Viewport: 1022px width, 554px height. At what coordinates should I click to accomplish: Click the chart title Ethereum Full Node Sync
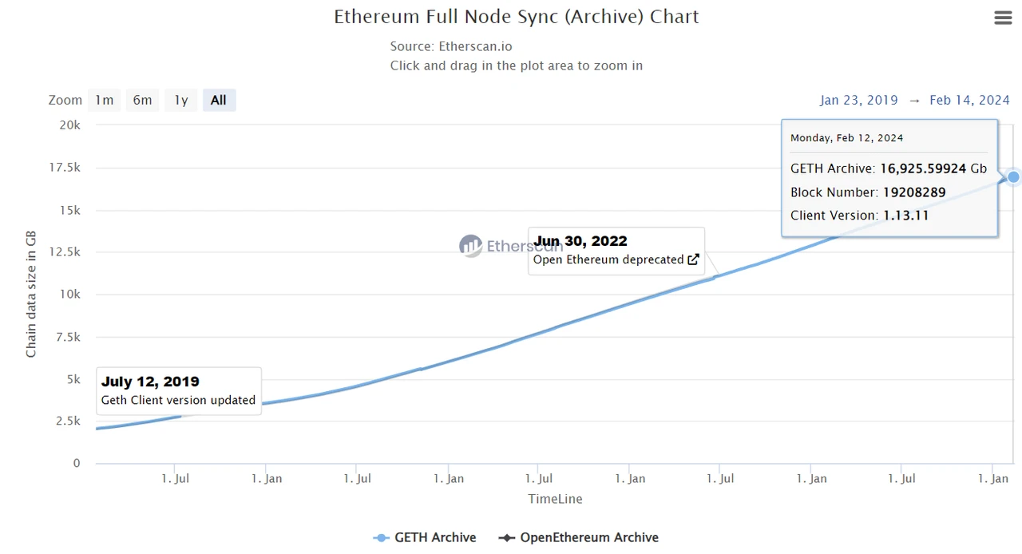516,17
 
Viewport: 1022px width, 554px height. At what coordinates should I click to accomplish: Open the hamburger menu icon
1003,18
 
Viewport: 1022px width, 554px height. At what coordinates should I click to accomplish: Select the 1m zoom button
104,100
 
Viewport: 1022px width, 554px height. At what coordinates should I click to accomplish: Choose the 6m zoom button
142,100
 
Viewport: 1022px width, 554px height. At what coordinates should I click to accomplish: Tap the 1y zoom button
181,100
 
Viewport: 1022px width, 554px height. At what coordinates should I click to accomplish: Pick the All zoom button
219,100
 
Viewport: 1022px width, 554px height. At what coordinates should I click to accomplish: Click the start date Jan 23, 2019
858,100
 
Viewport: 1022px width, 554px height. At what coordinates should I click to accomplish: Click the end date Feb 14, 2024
969,100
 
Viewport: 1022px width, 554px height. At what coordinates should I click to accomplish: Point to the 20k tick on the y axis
70,125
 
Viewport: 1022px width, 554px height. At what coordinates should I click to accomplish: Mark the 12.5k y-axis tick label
65,252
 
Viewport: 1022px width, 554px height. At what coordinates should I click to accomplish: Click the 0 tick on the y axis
77,463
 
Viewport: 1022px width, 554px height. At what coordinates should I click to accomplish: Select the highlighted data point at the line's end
1013,176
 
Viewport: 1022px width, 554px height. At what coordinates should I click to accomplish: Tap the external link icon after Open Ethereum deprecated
693,259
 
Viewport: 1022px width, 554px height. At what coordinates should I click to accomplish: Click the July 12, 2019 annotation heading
150,382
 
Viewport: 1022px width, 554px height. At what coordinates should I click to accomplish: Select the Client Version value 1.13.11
905,215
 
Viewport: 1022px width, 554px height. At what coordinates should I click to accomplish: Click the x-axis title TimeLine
555,499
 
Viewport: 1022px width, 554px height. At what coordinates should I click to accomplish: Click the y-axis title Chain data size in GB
31,294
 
